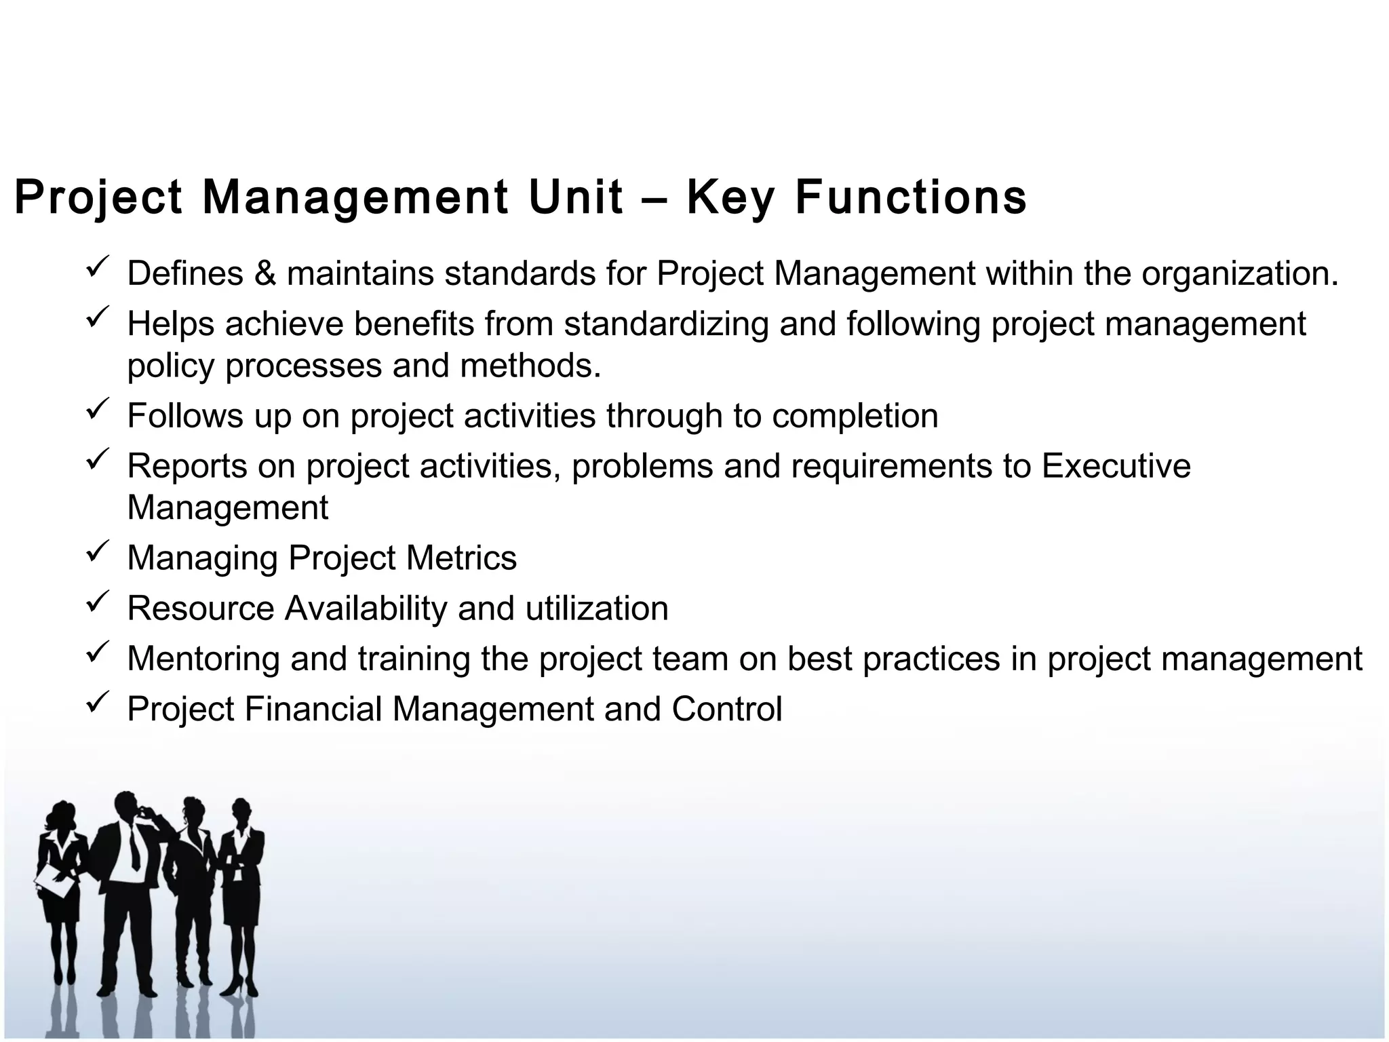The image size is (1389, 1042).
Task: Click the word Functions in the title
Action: coord(910,197)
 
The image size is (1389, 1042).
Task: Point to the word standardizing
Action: coord(666,324)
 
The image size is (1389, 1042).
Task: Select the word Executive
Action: coord(1116,466)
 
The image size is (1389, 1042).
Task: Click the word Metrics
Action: coord(461,558)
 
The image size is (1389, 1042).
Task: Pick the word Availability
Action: coord(366,609)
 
